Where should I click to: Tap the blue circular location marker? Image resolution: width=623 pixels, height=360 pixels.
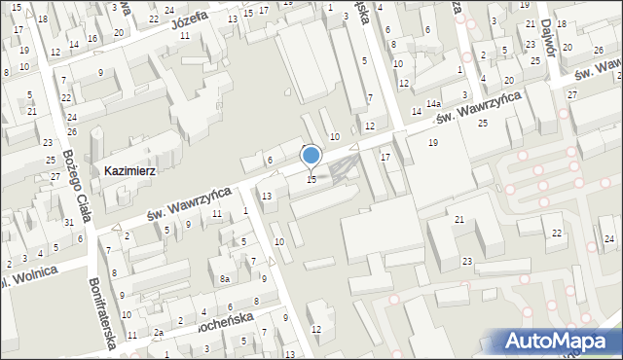click(311, 155)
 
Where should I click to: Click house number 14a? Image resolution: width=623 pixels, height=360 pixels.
click(433, 103)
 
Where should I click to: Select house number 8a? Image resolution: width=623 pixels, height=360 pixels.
click(224, 279)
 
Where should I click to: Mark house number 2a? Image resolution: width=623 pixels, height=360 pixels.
click(158, 333)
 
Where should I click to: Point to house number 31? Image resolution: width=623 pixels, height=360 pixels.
click(68, 223)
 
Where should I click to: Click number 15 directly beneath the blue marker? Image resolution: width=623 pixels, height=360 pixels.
click(311, 179)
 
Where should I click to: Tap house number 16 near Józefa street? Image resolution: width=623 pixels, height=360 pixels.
click(92, 38)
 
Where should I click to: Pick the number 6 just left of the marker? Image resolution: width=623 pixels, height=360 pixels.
click(270, 160)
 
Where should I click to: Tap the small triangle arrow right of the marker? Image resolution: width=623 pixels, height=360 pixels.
click(353, 146)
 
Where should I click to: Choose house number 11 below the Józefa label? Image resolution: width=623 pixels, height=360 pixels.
click(184, 35)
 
